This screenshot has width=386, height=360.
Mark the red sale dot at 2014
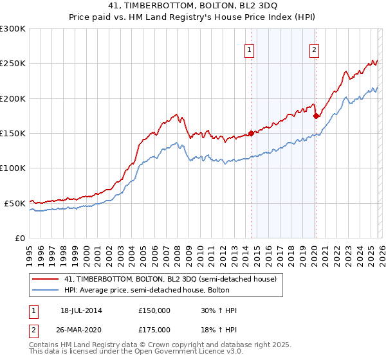click(251, 133)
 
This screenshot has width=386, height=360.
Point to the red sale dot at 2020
click(316, 116)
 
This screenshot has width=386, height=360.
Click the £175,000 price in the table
click(154, 329)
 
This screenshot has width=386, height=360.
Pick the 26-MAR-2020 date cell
click(82, 329)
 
